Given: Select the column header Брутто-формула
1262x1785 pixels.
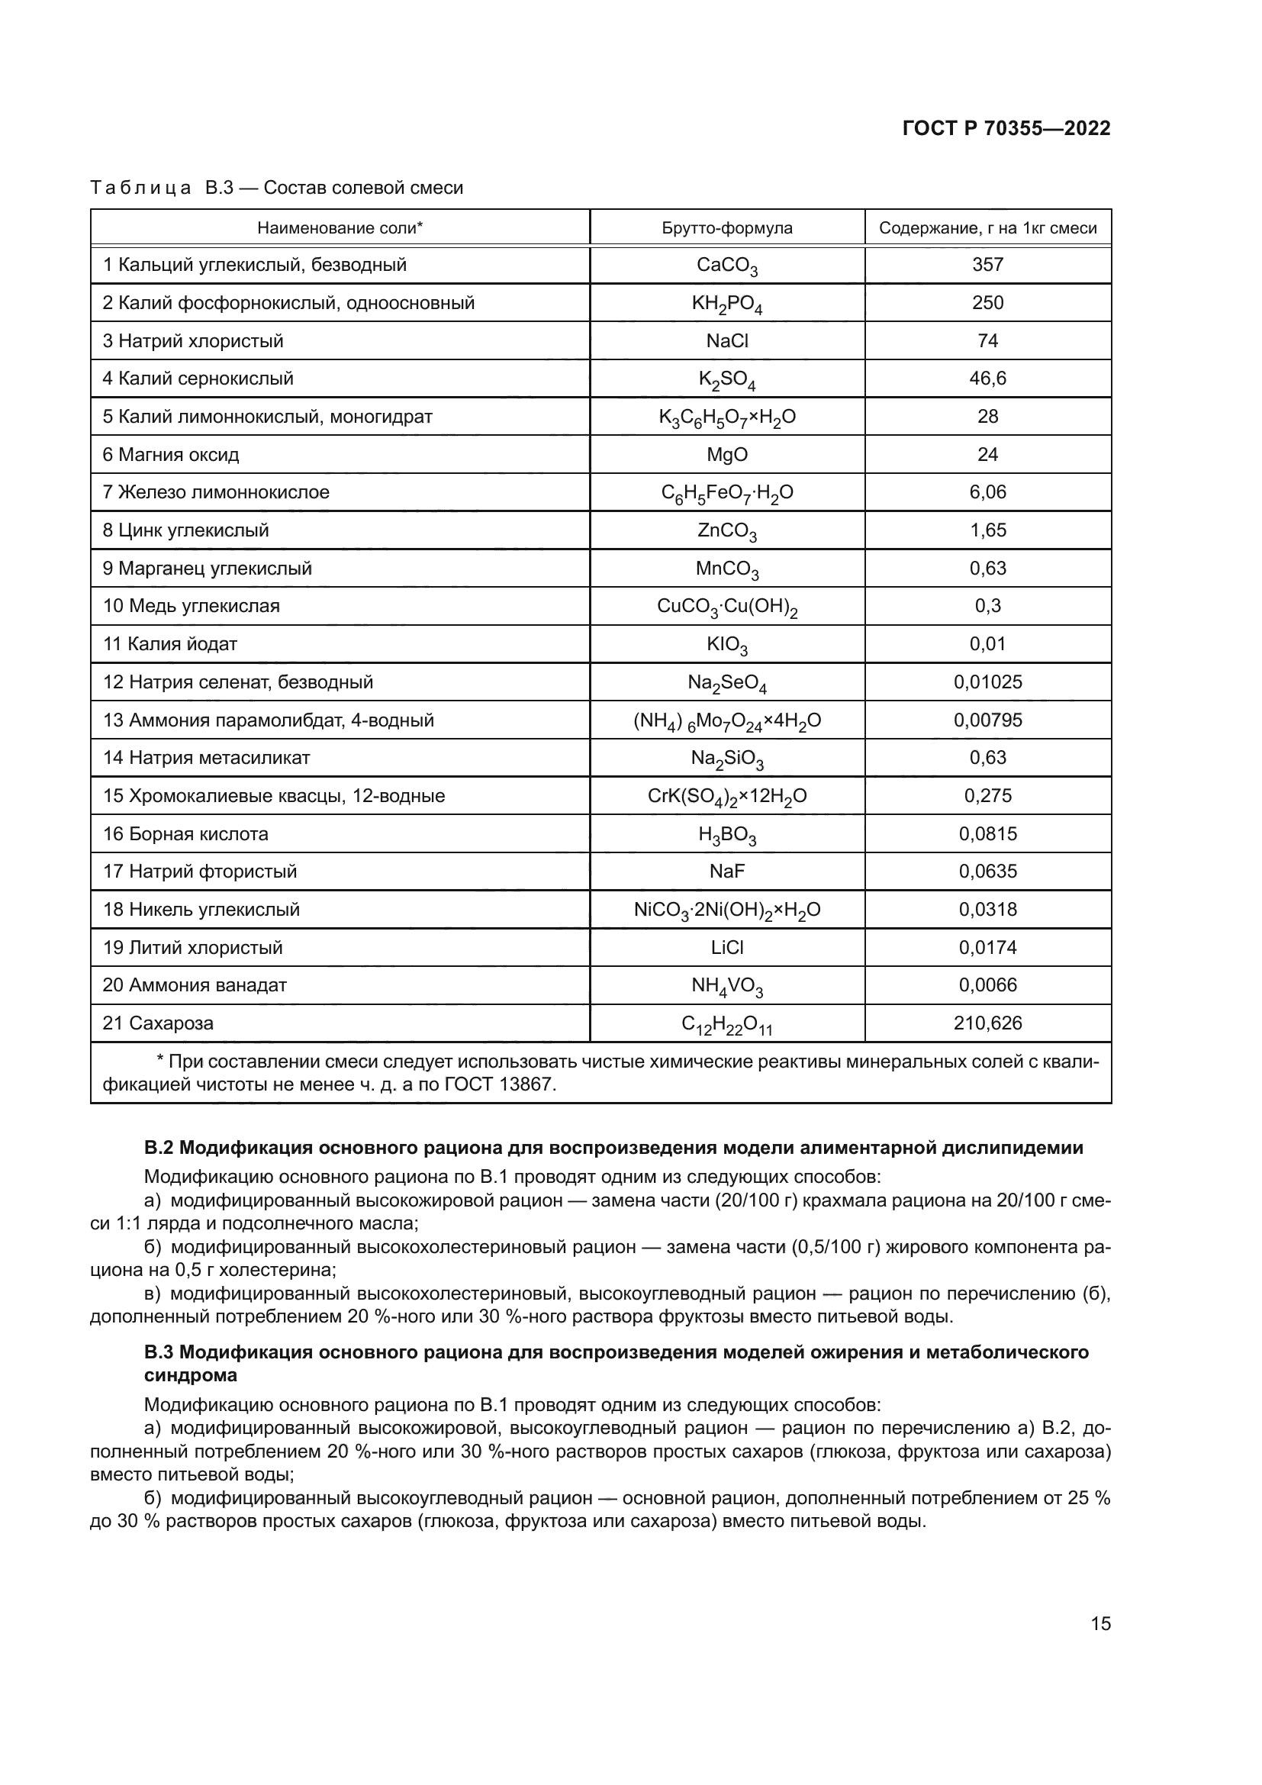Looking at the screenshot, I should click(726, 229).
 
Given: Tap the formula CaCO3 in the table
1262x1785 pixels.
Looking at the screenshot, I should click(726, 266).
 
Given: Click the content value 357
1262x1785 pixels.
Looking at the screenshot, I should click(987, 265).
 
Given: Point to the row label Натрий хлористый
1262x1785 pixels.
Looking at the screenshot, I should click(193, 341).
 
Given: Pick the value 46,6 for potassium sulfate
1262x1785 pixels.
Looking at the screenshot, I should click(987, 379).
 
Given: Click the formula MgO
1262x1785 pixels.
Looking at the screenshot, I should click(726, 455).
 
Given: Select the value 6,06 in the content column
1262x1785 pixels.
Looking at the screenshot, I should click(987, 492).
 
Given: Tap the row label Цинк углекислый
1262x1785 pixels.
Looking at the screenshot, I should click(185, 531).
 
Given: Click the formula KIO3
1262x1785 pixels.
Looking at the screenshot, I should click(726, 646).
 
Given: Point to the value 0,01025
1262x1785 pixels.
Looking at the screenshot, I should click(987, 682).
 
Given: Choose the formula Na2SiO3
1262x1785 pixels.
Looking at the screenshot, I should click(726, 759).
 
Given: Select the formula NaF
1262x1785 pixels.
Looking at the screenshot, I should click(726, 872).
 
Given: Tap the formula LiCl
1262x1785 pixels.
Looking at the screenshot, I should click(726, 948).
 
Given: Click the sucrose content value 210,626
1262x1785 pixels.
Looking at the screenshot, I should click(987, 1023).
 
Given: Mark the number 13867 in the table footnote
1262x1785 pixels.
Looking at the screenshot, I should click(527, 1084).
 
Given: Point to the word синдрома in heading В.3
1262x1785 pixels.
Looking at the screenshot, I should click(191, 1375).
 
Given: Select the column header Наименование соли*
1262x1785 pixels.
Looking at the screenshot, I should click(340, 229).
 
